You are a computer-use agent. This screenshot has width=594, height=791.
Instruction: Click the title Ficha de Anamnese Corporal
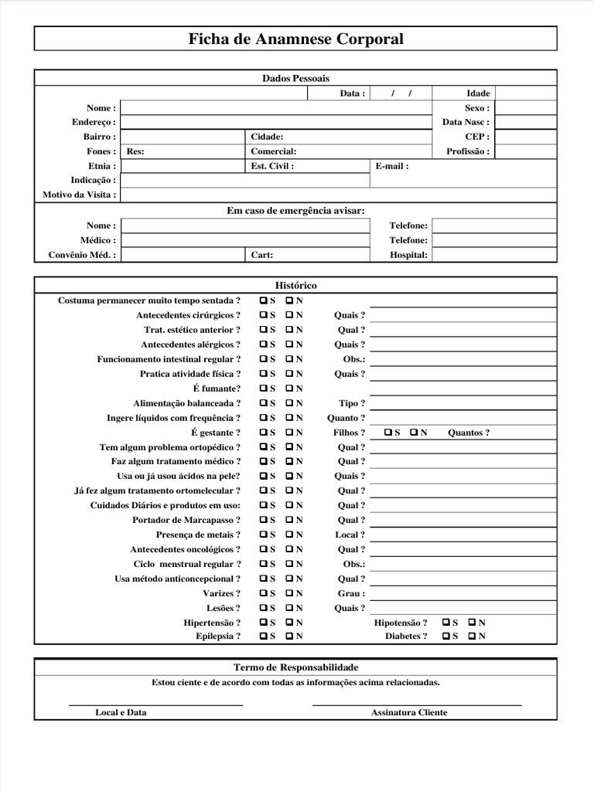295,39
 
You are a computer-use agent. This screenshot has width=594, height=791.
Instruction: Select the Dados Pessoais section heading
295,79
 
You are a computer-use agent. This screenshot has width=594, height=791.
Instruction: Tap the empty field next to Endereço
275,122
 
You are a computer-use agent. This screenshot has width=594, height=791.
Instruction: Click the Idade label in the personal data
478,93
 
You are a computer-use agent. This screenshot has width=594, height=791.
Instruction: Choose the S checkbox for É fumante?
265,389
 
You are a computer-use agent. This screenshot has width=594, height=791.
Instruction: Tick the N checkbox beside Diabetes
473,637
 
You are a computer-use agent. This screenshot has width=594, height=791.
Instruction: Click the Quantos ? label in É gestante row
469,433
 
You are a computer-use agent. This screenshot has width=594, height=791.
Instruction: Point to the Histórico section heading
295,286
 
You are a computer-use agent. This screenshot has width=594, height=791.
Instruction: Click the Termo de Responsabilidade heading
295,667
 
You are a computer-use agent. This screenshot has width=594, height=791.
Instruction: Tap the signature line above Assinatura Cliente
416,704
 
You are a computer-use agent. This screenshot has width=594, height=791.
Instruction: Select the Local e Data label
121,712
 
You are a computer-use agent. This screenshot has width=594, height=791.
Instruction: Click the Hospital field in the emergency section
493,255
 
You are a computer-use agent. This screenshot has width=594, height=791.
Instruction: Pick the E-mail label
392,166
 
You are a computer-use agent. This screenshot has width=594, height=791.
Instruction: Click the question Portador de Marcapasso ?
186,520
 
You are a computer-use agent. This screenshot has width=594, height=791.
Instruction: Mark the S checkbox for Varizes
265,593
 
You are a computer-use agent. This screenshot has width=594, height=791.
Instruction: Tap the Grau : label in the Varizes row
351,593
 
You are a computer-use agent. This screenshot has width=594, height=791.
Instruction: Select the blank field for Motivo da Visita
338,195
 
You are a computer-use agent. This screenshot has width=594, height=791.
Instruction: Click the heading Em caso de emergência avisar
295,210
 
